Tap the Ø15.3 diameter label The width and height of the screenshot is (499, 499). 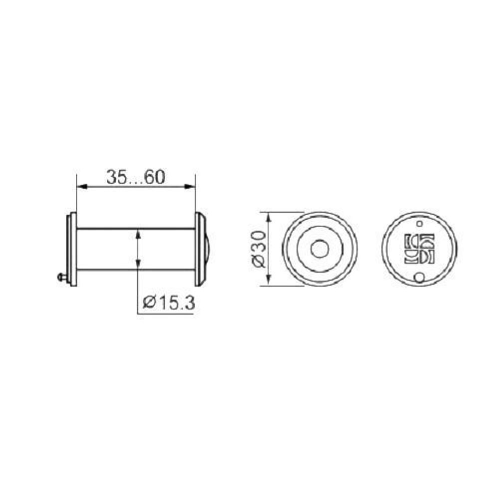pos(168,302)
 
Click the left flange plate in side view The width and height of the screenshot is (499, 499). pos(72,249)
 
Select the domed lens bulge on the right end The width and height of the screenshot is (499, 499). pos(206,249)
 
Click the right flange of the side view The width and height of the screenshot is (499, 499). pos(199,249)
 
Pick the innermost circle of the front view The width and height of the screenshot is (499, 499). pos(319,249)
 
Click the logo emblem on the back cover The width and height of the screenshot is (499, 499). pos(420,248)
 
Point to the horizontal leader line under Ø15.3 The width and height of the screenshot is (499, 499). pos(165,313)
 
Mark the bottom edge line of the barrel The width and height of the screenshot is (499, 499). pos(110,270)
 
